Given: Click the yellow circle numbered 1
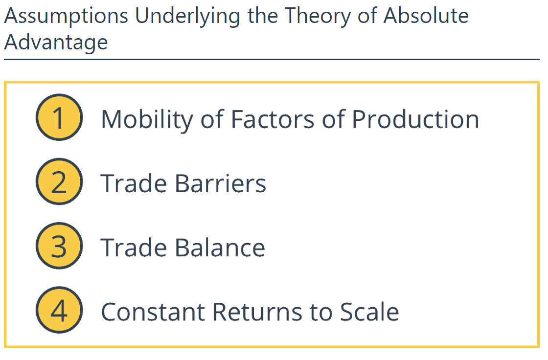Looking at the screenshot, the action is coord(59,117).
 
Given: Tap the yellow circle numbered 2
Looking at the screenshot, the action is coord(59,182).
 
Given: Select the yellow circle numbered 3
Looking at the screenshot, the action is coord(59,246).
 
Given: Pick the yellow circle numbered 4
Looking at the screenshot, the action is coord(59,310).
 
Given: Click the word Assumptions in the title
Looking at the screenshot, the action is coord(67,17).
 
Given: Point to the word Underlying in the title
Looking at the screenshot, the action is coord(187,17).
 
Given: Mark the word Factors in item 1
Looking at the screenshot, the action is coord(273,119).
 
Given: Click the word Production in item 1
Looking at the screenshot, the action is coord(415,119).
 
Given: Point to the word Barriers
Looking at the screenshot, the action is coord(220,183).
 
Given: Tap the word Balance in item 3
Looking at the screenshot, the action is coord(220,247).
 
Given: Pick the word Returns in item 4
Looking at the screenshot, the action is coord(257,312).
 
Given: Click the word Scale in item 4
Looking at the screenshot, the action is coord(369,312).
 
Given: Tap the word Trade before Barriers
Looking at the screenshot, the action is coord(134,183).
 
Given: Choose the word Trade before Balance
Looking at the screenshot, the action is coord(134,247).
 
